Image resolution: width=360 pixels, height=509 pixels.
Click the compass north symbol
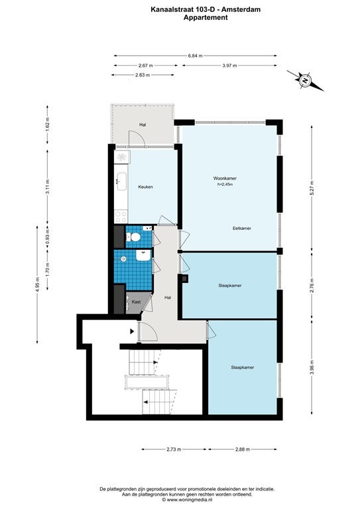pos(305,80)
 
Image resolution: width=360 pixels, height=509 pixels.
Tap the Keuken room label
pos(145,187)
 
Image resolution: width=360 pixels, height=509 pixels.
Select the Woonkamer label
pos(225,178)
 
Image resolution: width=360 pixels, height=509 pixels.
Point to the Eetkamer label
pos(242,228)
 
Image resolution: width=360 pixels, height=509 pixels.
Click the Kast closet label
pos(136,302)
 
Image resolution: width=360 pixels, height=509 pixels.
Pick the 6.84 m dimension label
pos(195,56)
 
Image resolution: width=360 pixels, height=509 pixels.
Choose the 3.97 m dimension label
pos(229,66)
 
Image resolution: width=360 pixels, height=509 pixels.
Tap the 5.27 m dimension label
pos(312,188)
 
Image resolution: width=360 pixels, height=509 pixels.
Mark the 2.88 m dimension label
pos(243,449)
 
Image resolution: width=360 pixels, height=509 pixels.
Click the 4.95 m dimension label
pos(38,284)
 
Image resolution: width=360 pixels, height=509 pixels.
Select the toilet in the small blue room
pos(133,237)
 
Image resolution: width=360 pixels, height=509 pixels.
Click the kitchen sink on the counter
pos(122,178)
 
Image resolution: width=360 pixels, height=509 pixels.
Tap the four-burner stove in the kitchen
pos(121,217)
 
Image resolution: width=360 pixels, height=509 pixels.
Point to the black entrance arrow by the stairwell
pos(132,331)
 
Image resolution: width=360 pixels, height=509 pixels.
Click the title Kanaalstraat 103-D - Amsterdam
pos(206,10)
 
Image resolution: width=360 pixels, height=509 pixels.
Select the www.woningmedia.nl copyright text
pos(187,500)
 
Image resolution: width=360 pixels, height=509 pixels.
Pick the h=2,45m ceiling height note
pos(225,184)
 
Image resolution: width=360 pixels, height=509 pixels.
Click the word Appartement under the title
pos(206,18)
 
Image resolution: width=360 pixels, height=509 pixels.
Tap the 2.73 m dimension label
pos(174,449)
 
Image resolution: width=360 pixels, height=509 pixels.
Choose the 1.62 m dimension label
pos(48,125)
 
